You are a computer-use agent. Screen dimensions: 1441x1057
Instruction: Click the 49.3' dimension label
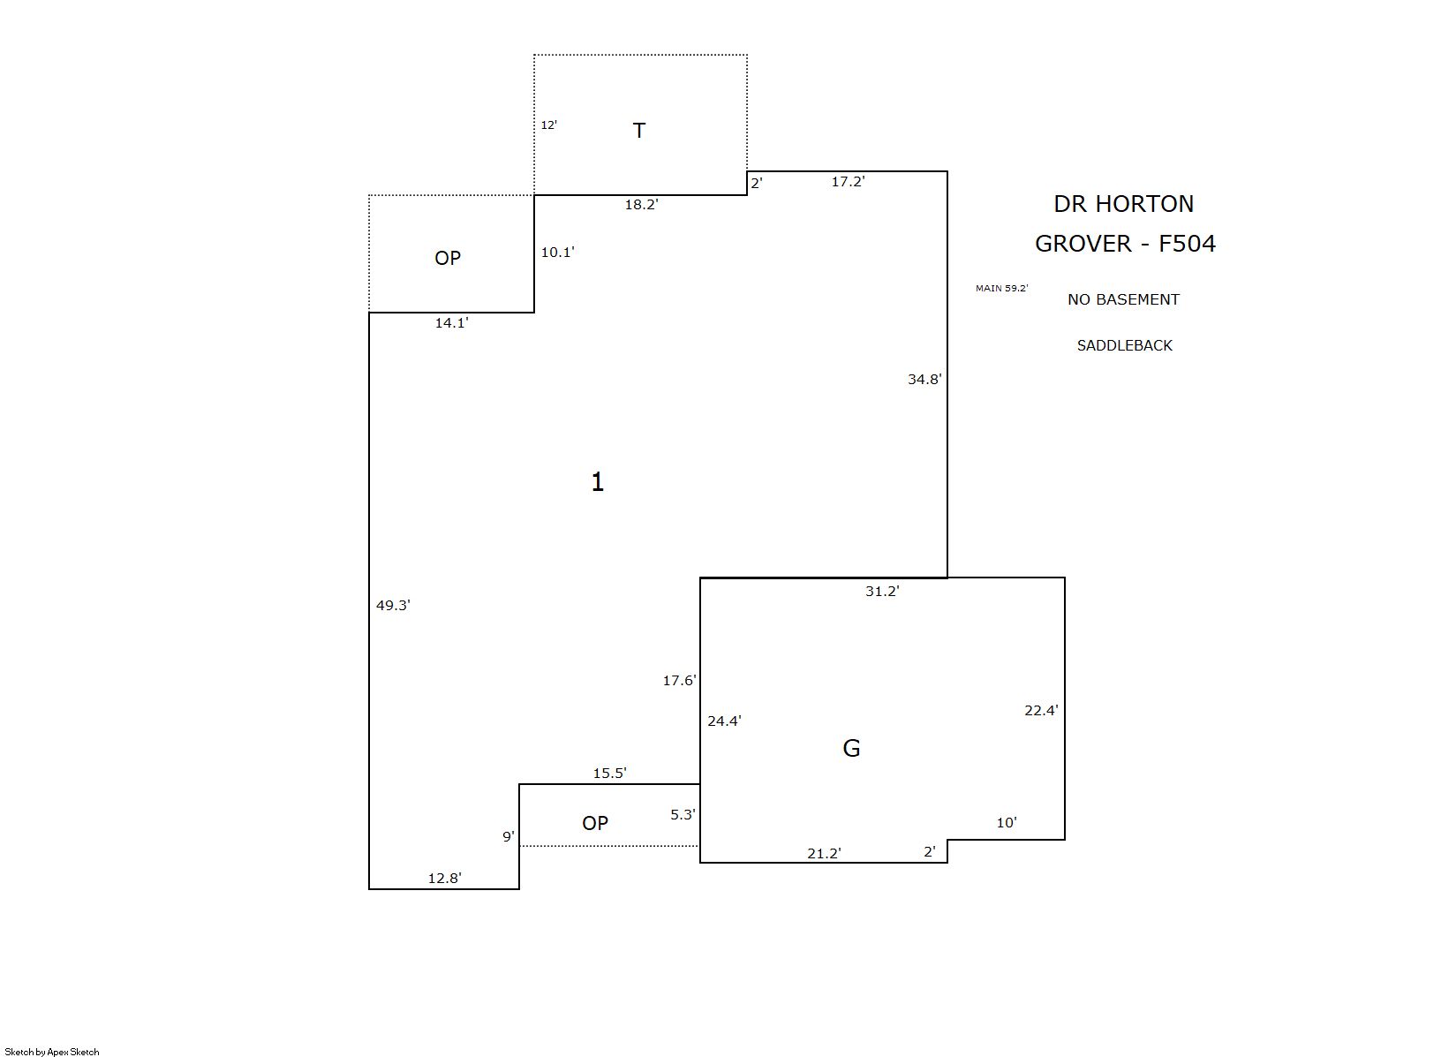click(393, 606)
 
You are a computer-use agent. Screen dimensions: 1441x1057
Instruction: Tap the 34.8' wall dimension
click(924, 380)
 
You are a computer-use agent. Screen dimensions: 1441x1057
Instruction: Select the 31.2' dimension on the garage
click(882, 592)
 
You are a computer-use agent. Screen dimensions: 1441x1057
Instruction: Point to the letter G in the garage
click(851, 748)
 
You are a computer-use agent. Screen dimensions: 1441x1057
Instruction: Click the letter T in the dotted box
click(638, 131)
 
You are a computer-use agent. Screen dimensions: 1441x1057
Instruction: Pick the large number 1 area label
click(598, 482)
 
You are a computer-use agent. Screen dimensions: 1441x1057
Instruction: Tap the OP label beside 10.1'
click(448, 258)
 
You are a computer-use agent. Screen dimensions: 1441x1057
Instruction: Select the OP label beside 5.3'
click(595, 824)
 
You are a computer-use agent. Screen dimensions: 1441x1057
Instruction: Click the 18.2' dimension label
click(641, 205)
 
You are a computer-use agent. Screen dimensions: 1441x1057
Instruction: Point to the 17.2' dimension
click(848, 181)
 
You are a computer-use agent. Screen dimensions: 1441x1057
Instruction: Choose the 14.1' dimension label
click(451, 323)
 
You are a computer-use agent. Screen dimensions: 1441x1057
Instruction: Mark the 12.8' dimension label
click(444, 878)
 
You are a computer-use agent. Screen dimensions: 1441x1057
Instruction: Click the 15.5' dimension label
click(609, 774)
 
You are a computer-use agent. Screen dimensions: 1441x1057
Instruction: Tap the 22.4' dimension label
click(1041, 710)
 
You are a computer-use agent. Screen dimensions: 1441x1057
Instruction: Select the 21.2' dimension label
click(824, 854)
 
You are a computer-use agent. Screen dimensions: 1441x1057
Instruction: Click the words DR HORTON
click(1124, 204)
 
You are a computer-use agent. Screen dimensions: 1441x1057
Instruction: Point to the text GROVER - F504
click(1125, 244)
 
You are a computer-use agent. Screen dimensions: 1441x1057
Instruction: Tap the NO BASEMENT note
click(1123, 300)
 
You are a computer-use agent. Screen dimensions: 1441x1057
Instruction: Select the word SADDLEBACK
click(1125, 346)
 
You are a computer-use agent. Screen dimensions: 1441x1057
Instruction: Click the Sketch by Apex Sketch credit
click(52, 1052)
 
